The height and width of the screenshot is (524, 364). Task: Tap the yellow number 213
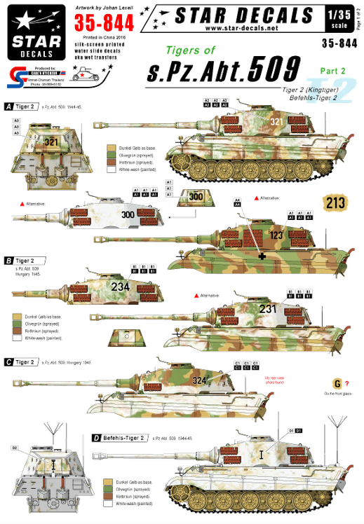pyautogui.click(x=336, y=202)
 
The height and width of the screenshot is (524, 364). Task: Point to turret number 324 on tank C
pyautogui.click(x=201, y=380)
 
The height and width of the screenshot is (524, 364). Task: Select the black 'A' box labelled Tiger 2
pyautogui.click(x=8, y=107)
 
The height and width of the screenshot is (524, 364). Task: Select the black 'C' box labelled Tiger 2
pyautogui.click(x=8, y=361)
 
